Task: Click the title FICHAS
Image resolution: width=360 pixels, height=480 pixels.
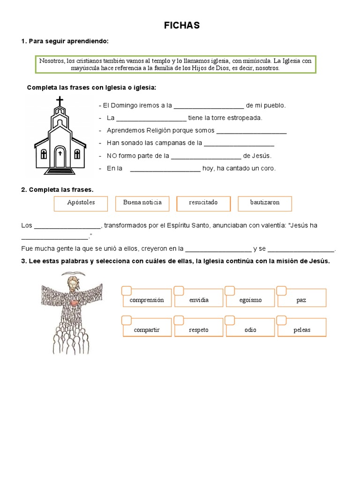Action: click(181, 26)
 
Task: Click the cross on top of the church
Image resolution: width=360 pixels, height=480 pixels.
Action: click(60, 102)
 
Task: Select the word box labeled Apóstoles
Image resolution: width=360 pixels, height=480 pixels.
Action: click(81, 203)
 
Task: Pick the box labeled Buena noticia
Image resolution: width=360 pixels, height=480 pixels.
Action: click(142, 203)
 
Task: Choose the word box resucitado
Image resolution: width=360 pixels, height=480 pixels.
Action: click(203, 203)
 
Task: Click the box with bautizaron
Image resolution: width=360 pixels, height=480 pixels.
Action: click(265, 203)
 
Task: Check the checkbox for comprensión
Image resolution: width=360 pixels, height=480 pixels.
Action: click(127, 291)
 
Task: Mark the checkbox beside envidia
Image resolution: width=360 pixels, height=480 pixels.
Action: click(179, 291)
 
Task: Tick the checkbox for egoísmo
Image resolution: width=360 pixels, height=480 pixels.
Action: click(230, 291)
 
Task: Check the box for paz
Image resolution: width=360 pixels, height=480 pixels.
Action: click(282, 291)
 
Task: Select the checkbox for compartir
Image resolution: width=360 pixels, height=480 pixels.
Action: click(127, 320)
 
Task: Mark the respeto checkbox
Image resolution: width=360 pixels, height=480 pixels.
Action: click(179, 320)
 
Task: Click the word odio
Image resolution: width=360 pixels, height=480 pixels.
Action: click(250, 330)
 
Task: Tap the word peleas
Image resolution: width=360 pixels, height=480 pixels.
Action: click(302, 330)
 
